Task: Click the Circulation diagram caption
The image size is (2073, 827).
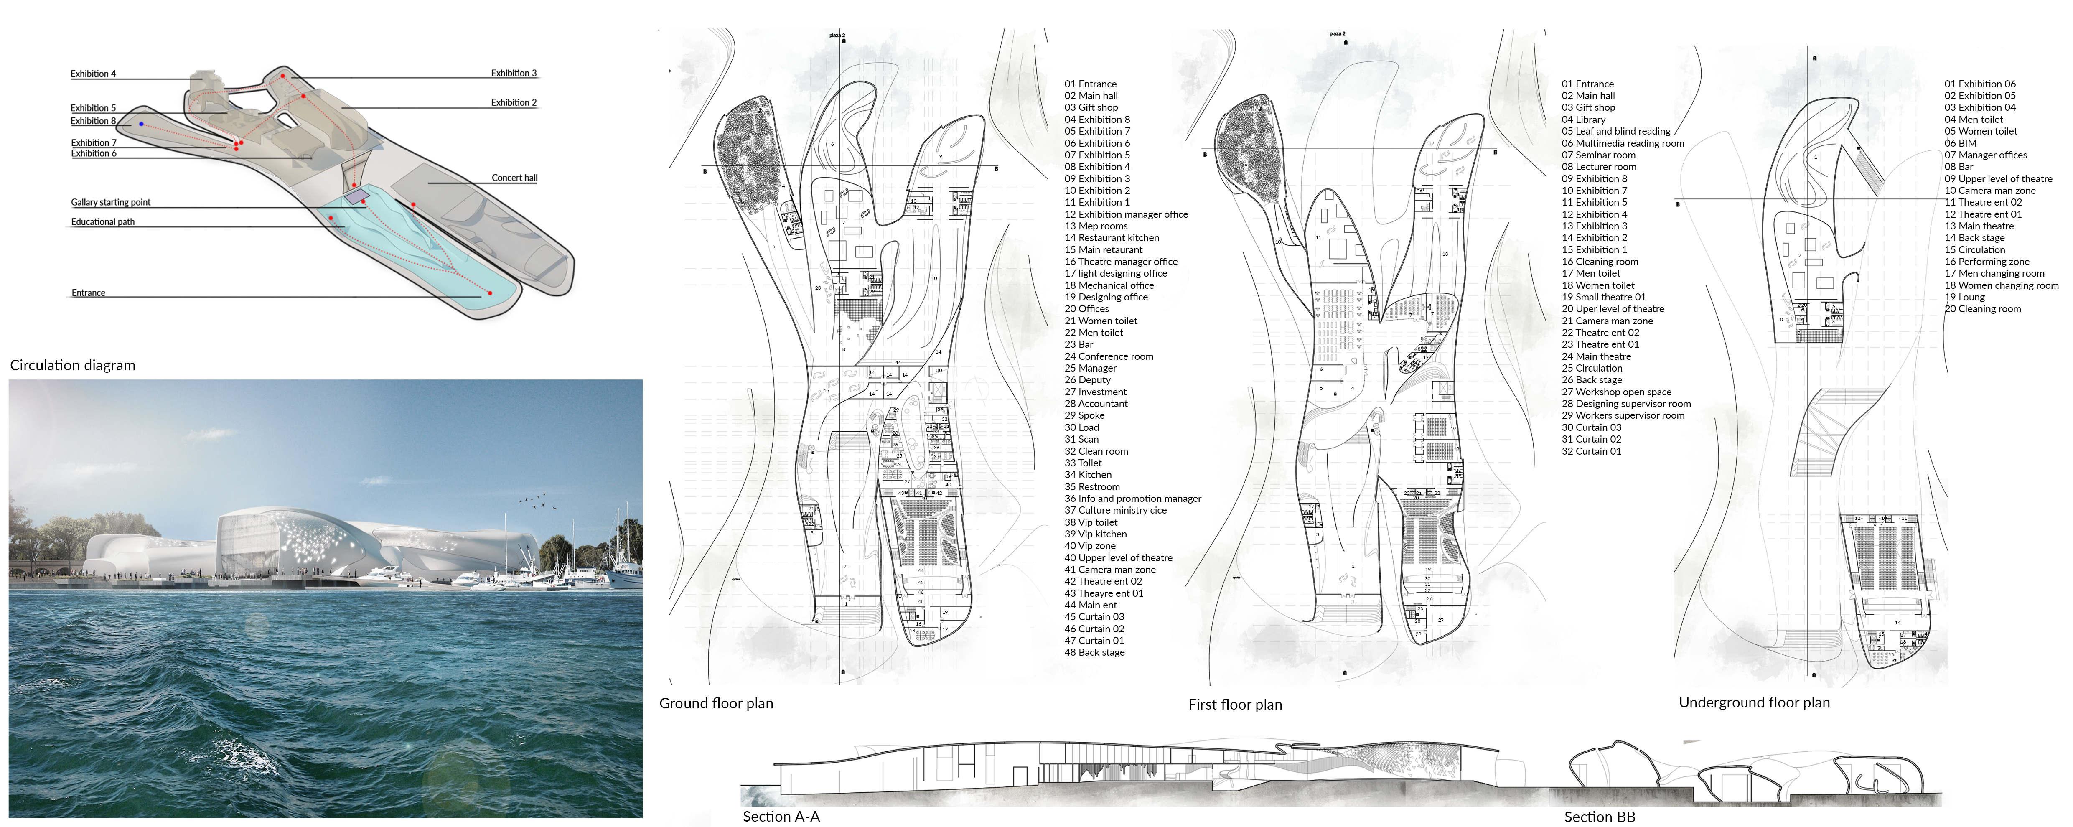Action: click(x=72, y=365)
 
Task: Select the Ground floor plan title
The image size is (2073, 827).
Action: click(x=715, y=703)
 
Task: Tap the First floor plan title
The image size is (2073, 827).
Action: click(x=1234, y=705)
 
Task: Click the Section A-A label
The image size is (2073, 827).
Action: click(x=781, y=817)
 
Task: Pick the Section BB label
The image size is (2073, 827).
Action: click(x=1599, y=817)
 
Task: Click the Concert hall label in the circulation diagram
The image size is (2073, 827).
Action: click(x=514, y=178)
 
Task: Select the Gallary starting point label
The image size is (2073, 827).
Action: click(x=110, y=202)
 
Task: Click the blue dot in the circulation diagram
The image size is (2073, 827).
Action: click(x=142, y=124)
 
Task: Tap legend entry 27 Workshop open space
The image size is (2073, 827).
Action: click(x=1616, y=392)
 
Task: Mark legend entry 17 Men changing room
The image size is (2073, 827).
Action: click(x=1994, y=274)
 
